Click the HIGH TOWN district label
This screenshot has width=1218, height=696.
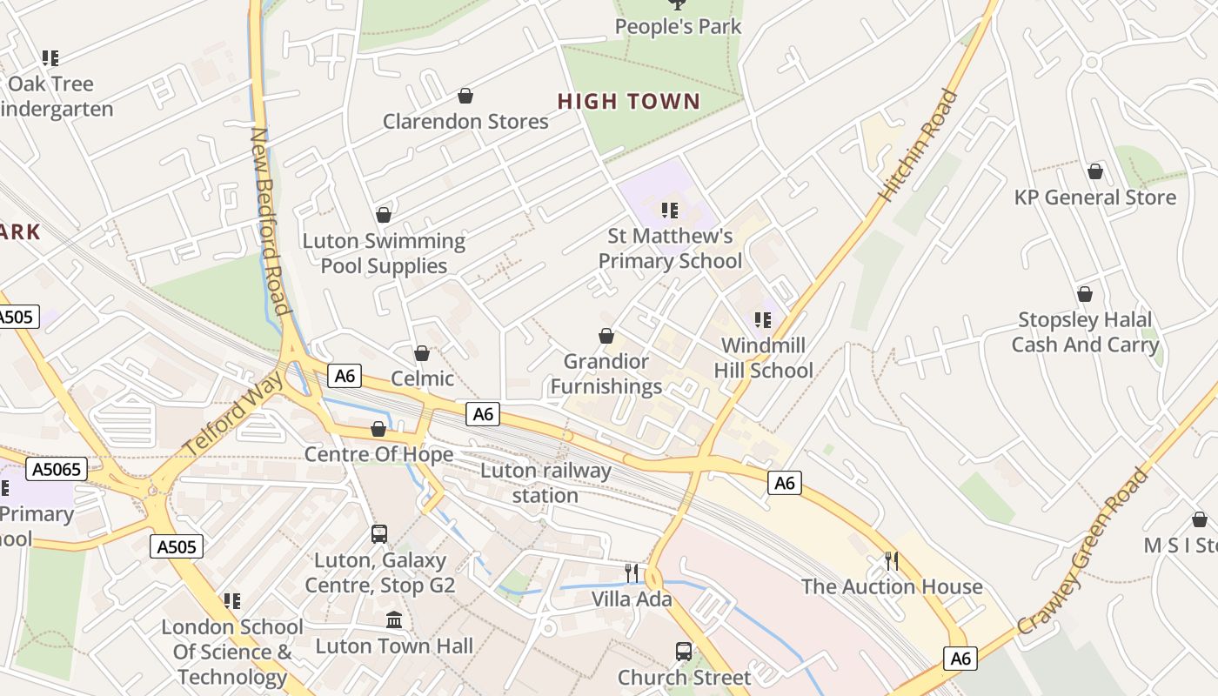(x=628, y=102)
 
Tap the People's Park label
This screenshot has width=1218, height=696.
(x=678, y=26)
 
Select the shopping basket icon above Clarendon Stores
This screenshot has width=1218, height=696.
(x=465, y=95)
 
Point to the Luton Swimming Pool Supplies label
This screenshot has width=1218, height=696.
(x=384, y=253)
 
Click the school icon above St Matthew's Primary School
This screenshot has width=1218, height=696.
(x=669, y=211)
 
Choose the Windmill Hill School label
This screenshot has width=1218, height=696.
(x=763, y=358)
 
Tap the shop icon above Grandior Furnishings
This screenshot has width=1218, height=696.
(x=606, y=336)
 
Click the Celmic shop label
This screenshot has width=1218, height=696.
(x=422, y=378)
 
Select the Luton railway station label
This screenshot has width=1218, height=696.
(x=545, y=483)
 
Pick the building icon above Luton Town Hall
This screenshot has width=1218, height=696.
(x=394, y=620)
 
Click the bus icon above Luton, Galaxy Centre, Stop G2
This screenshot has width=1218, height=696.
(x=379, y=534)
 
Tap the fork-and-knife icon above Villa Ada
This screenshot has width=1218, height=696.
(x=632, y=572)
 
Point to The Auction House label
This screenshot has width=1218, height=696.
(x=892, y=586)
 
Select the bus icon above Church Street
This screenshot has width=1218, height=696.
(x=684, y=652)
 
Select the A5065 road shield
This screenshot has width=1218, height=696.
(x=57, y=470)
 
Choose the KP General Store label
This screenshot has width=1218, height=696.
(x=1094, y=197)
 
